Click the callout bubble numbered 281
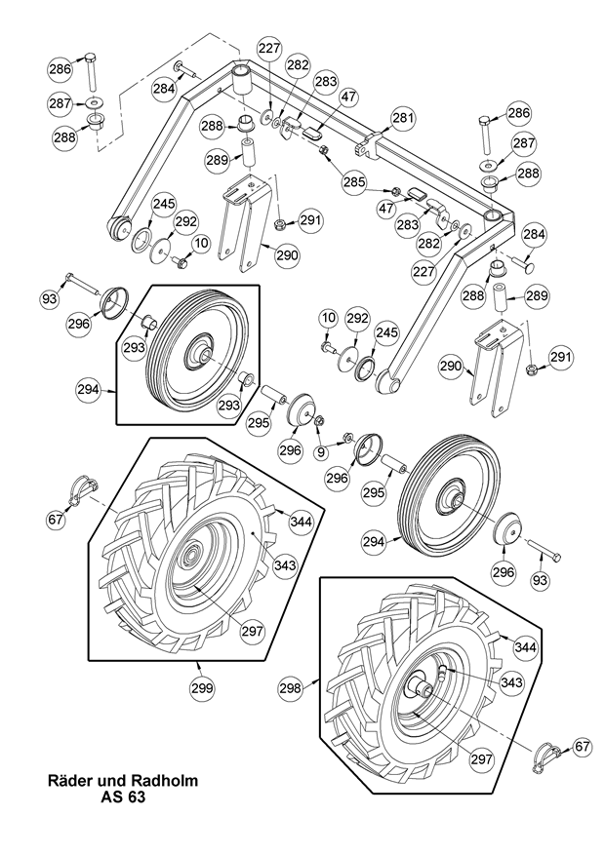click(x=404, y=118)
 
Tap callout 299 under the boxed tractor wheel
click(x=202, y=688)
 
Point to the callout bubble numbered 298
click(x=291, y=688)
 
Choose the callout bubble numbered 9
click(x=321, y=450)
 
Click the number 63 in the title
click(x=137, y=797)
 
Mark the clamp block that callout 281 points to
click(x=369, y=145)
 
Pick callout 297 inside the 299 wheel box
click(x=253, y=632)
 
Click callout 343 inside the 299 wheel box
click(x=285, y=564)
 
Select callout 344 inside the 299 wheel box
click(x=301, y=522)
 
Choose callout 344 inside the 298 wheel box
click(x=525, y=647)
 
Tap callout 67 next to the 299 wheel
click(x=55, y=520)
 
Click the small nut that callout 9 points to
click(x=346, y=438)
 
